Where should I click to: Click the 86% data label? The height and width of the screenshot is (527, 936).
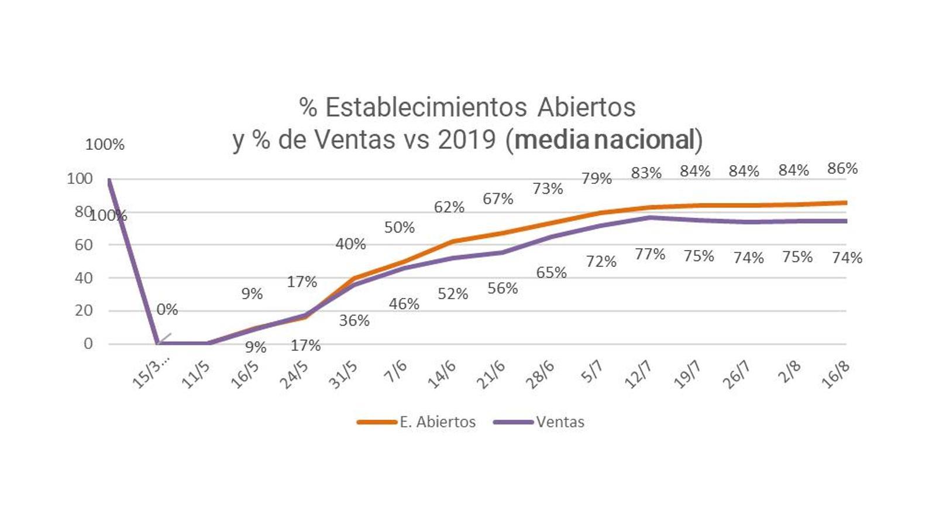[842, 169]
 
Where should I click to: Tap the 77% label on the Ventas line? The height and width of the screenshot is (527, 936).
[650, 254]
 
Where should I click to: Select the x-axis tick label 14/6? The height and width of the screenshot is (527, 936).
[442, 375]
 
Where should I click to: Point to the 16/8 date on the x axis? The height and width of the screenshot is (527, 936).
[835, 375]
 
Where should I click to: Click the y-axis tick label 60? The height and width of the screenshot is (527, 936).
[84, 245]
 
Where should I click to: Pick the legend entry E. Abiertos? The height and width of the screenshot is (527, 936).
[437, 422]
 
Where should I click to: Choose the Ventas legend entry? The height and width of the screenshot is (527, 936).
[560, 422]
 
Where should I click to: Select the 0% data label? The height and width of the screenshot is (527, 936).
[167, 309]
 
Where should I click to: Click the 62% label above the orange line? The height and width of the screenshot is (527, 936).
[449, 207]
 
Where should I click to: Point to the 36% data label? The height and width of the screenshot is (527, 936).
[355, 320]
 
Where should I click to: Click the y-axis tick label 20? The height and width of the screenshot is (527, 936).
[84, 310]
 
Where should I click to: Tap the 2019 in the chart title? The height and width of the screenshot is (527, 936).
[467, 139]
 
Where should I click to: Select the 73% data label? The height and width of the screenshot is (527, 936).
[548, 189]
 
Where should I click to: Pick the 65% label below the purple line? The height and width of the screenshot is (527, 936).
[551, 273]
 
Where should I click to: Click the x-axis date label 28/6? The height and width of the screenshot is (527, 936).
[539, 375]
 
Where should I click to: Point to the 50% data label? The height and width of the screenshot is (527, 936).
[400, 227]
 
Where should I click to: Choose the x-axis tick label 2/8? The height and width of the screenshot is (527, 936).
[789, 372]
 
